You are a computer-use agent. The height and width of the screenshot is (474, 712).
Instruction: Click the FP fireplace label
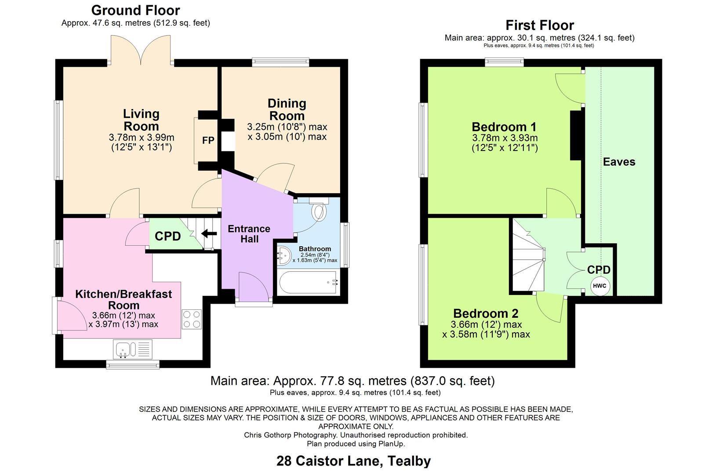[x=208, y=140]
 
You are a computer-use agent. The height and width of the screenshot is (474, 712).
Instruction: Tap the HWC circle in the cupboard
[x=599, y=286]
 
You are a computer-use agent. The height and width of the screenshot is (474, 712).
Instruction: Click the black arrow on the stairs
[x=209, y=233]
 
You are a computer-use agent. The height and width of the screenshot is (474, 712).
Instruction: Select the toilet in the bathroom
[x=319, y=211]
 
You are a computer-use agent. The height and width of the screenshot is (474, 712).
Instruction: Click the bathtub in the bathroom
[x=308, y=283]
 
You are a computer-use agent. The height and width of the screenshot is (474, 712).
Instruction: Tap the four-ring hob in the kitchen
[x=192, y=320]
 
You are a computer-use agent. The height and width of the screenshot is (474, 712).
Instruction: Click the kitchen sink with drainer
[x=133, y=349]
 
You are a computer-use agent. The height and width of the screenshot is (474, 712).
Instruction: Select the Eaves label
[x=619, y=162]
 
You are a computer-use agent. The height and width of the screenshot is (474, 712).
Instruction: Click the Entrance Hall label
[x=249, y=234]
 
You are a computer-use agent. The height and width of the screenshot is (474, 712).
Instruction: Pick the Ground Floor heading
[x=135, y=10]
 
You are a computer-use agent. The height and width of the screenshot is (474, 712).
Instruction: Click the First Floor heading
[x=540, y=25]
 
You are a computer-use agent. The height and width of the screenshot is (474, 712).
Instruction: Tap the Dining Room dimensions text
[x=287, y=132]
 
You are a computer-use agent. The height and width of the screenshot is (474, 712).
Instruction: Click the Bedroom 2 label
[x=486, y=313]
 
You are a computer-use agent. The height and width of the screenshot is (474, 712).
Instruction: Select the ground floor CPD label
[x=167, y=236]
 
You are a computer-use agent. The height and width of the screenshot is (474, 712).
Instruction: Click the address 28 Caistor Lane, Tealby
[x=353, y=461]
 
